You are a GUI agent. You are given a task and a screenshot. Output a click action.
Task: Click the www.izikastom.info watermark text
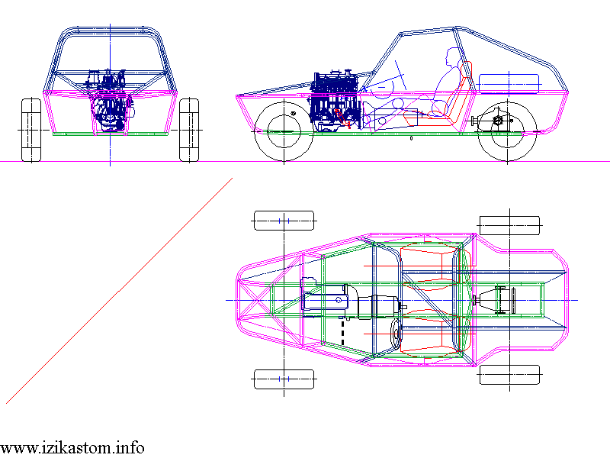click(72, 448)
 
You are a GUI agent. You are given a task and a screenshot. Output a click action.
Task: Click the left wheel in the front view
click(31, 130)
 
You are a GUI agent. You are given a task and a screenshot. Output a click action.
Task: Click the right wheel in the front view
click(189, 130)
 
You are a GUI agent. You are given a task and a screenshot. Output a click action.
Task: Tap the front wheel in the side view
click(284, 131)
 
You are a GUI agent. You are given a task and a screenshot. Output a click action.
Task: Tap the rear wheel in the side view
click(507, 131)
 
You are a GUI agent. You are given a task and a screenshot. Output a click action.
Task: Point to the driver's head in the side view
click(452, 57)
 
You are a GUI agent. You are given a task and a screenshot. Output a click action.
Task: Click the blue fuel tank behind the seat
click(509, 84)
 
